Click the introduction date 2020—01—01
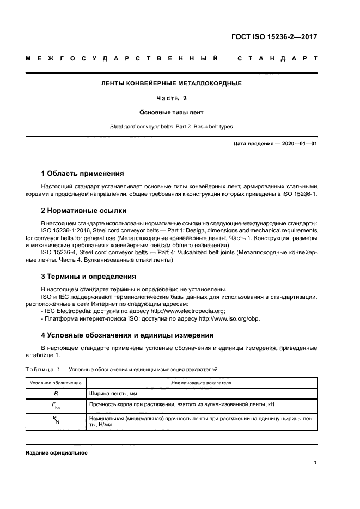pos(297,143)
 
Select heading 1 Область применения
pos(82,174)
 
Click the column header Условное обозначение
pos(56,383)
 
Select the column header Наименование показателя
pos(200,383)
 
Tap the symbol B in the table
pos(56,393)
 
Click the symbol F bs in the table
pos(56,406)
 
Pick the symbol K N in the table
pos(56,421)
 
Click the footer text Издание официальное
pos(57,453)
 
